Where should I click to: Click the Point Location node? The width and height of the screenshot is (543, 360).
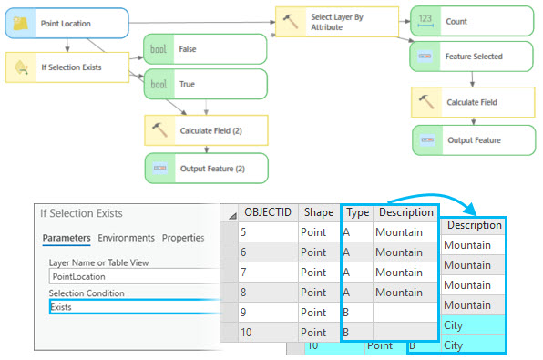tap(66, 23)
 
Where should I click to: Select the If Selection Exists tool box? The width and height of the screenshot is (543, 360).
tap(67, 67)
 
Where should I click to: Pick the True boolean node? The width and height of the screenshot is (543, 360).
tap(204, 84)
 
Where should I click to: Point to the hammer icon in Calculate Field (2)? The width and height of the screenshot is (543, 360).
tap(160, 130)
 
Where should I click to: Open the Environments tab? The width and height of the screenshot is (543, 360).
tap(127, 238)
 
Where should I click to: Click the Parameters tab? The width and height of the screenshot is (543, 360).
tap(67, 238)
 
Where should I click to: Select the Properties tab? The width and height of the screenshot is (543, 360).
tap(183, 238)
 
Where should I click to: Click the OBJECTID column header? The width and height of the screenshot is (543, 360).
tap(268, 212)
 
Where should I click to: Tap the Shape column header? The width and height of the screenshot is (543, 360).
tap(318, 212)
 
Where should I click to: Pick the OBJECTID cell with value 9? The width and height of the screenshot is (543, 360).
tap(268, 313)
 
